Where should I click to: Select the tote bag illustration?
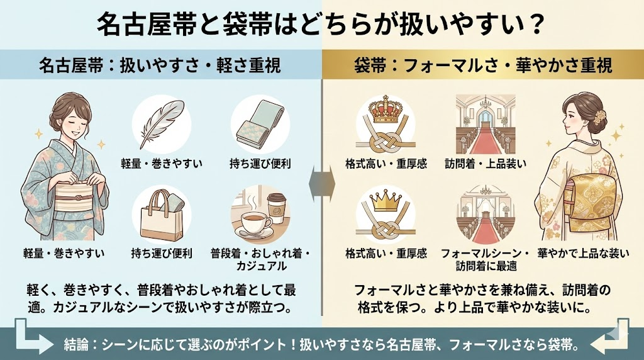click(162, 215)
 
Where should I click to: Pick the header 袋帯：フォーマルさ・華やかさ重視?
click(482, 64)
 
